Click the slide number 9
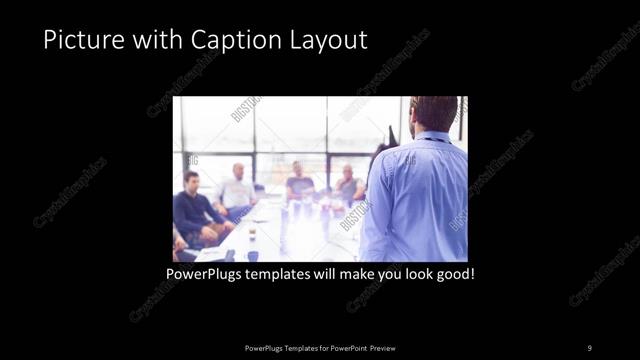(589, 347)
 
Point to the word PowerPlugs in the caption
(206, 272)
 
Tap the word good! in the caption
(453, 272)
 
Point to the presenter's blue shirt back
(415, 200)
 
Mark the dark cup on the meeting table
(251, 236)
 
